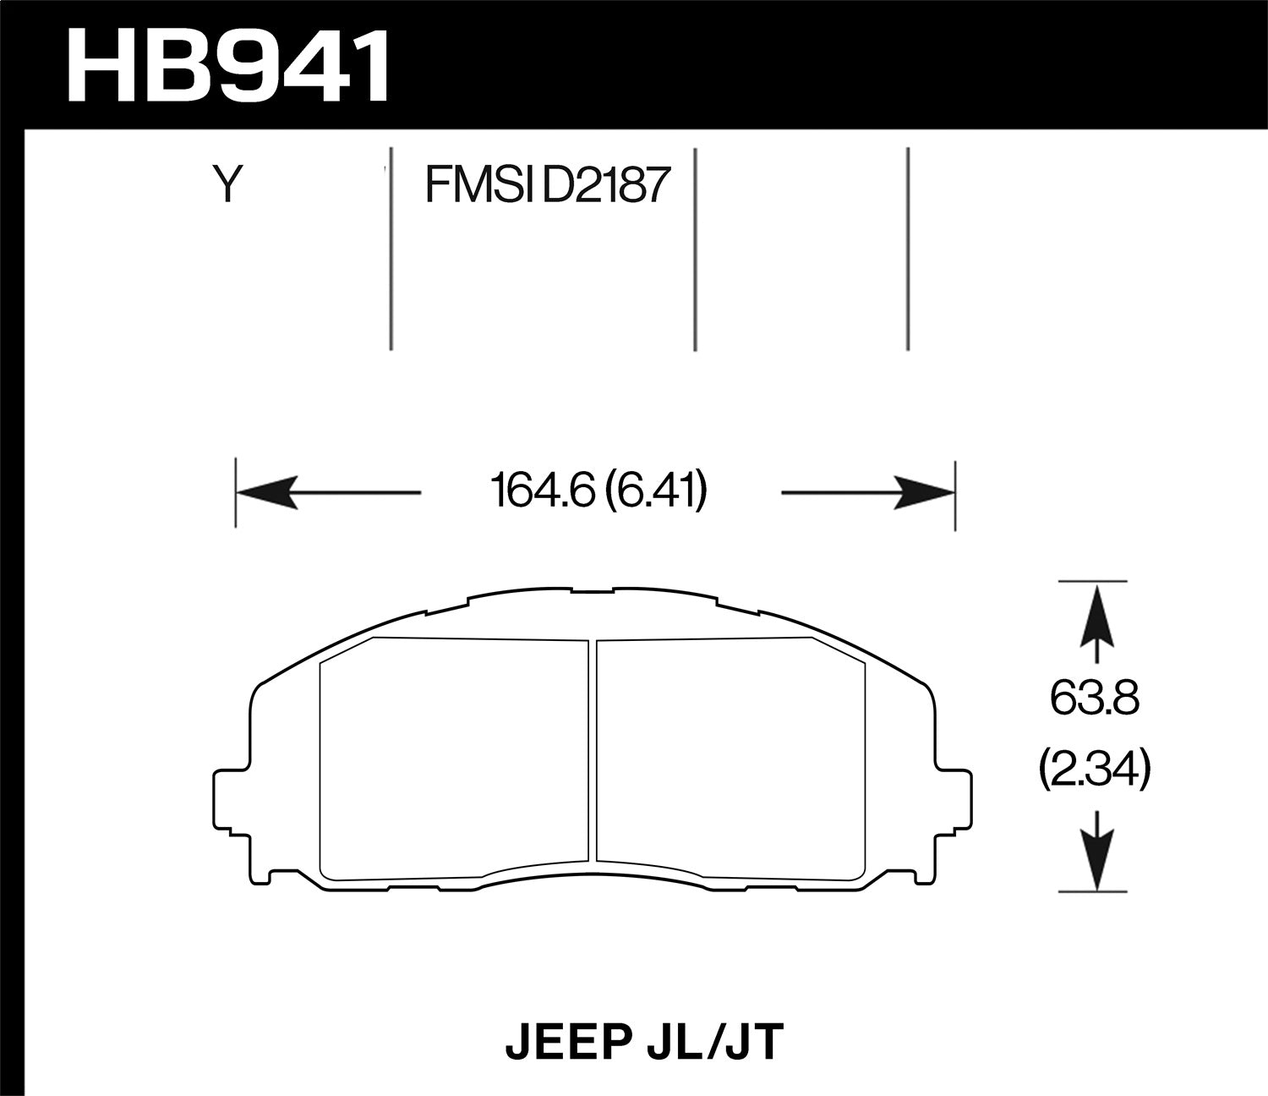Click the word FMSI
pyautogui.click(x=478, y=184)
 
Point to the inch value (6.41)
pyautogui.click(x=656, y=492)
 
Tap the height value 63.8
pyautogui.click(x=1095, y=699)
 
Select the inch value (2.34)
pyautogui.click(x=1095, y=771)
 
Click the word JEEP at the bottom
pyautogui.click(x=561, y=1043)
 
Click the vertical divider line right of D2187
pyautogui.click(x=694, y=249)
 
